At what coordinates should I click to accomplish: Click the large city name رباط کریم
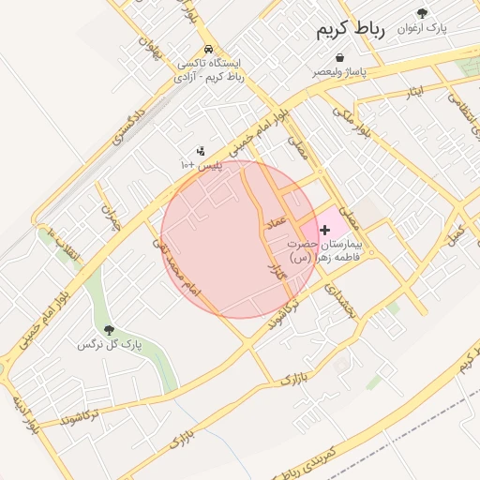pos(345,31)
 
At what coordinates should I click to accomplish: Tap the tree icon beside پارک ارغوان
pos(423,13)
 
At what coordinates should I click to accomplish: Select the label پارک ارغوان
pos(422,28)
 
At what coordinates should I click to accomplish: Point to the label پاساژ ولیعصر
pos(340,71)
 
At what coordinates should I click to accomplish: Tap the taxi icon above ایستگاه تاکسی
pos(207,50)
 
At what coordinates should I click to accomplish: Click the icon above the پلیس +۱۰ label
pos(200,151)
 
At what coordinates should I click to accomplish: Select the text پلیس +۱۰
pos(200,164)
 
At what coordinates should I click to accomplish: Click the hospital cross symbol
pos(325,229)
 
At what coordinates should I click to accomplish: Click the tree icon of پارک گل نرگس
pos(109,330)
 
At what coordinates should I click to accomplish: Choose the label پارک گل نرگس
pos(109,344)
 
